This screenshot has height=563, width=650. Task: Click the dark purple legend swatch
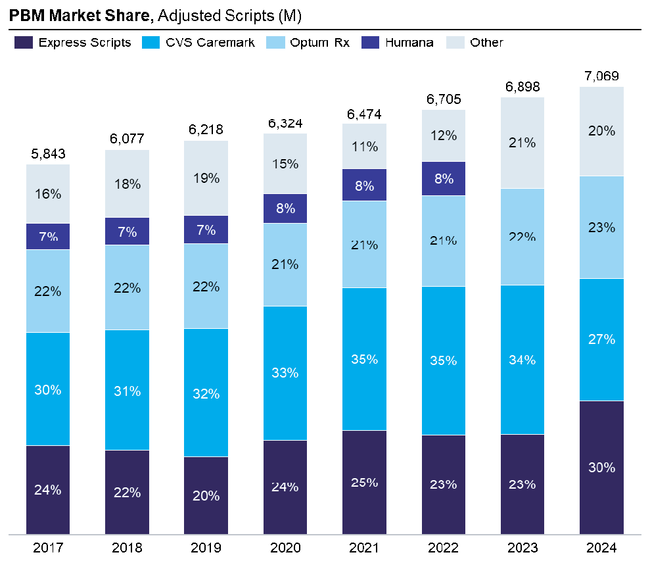pos(24,42)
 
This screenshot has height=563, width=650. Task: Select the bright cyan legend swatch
pos(151,42)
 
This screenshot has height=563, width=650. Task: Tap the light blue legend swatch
pos(275,42)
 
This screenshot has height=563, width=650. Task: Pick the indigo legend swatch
pos(370,42)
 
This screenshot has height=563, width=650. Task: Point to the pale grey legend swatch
pos(455,42)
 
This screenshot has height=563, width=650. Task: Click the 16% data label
pos(48,194)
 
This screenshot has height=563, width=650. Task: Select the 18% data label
pos(127,184)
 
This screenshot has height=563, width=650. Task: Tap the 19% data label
pos(206,178)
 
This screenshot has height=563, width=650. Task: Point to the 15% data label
pos(285,164)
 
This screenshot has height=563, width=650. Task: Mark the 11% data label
pos(364,147)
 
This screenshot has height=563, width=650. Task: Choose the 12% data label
pos(444,135)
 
